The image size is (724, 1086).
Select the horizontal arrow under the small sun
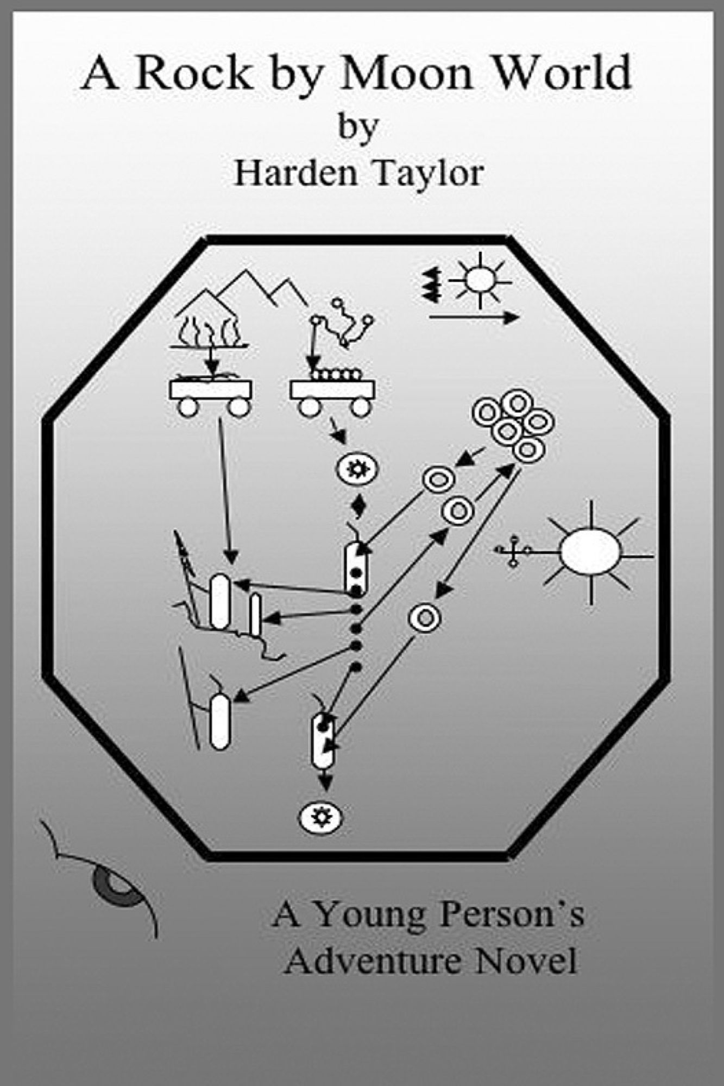tap(474, 318)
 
